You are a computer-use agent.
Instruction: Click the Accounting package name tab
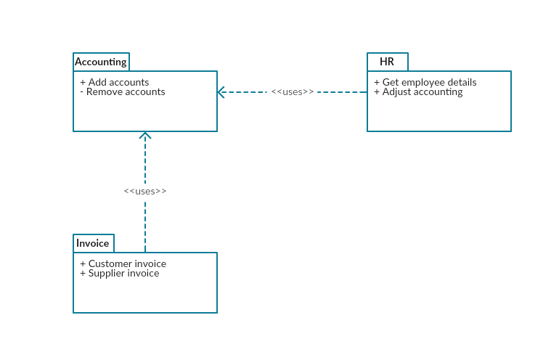click(101, 62)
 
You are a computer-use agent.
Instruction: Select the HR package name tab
click(387, 62)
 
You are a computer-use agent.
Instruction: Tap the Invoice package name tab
click(93, 243)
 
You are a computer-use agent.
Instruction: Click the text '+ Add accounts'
click(115, 82)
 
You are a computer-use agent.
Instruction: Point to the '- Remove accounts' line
click(123, 92)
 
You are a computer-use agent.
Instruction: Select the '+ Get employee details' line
click(425, 82)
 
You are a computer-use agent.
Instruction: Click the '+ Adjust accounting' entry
click(418, 92)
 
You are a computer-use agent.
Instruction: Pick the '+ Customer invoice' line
click(123, 263)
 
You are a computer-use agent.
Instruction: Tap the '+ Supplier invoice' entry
click(120, 274)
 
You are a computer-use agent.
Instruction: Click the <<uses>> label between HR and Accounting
click(293, 92)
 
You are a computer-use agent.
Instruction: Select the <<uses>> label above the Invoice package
click(145, 191)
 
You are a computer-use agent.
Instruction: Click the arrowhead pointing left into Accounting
click(221, 92)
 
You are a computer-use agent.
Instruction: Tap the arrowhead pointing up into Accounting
click(145, 135)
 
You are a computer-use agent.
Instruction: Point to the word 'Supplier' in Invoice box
click(107, 274)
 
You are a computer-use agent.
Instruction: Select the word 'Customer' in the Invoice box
click(110, 263)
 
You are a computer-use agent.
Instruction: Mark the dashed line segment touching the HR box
click(343, 92)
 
